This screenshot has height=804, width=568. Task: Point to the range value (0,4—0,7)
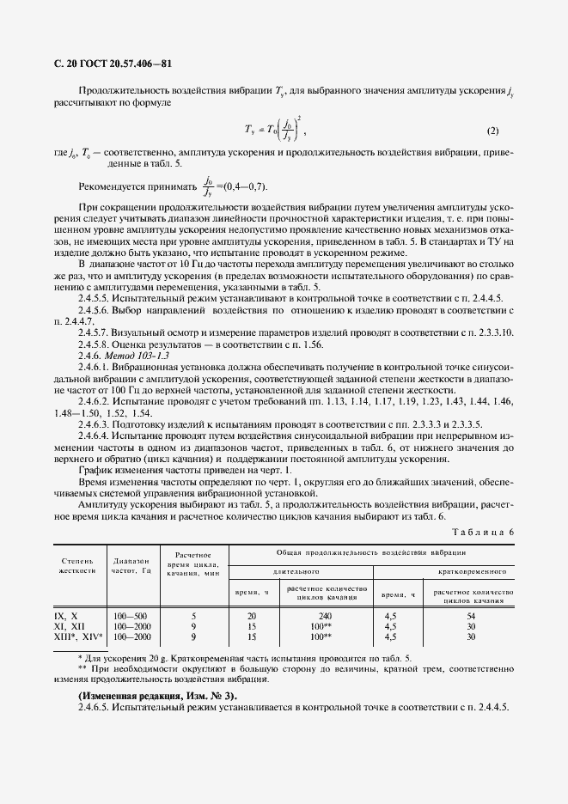(x=245, y=186)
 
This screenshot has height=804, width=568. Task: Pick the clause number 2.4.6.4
(x=95, y=435)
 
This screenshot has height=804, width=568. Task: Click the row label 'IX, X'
(x=66, y=616)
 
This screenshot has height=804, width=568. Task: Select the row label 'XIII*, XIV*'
(x=76, y=636)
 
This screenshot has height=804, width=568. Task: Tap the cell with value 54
(x=471, y=616)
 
